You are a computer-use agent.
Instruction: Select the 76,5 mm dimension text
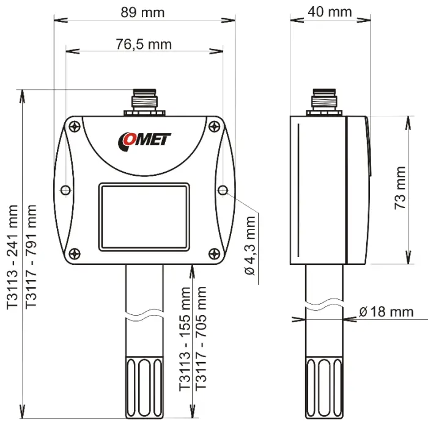tap(144, 44)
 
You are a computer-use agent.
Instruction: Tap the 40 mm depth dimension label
tap(331, 12)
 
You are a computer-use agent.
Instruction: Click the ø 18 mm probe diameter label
tap(386, 312)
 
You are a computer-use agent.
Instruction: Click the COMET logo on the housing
tap(144, 140)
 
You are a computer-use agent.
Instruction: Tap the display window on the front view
tap(144, 218)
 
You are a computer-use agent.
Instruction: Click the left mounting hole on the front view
tap(66, 191)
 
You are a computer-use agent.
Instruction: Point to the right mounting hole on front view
tap(223, 191)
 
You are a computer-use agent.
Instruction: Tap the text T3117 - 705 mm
tap(201, 339)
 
